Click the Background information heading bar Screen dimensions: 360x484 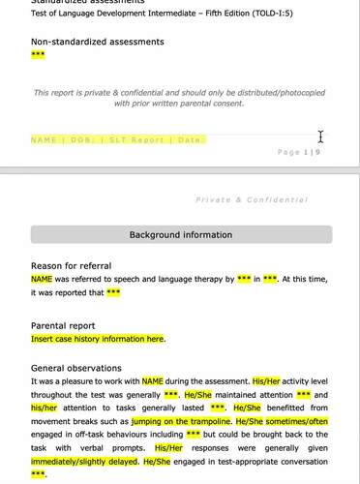(x=181, y=234)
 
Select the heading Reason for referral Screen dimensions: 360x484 (x=71, y=265)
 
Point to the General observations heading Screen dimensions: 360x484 (x=75, y=369)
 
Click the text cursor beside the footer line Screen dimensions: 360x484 (x=320, y=136)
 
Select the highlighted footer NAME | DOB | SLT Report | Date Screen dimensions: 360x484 (x=118, y=140)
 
